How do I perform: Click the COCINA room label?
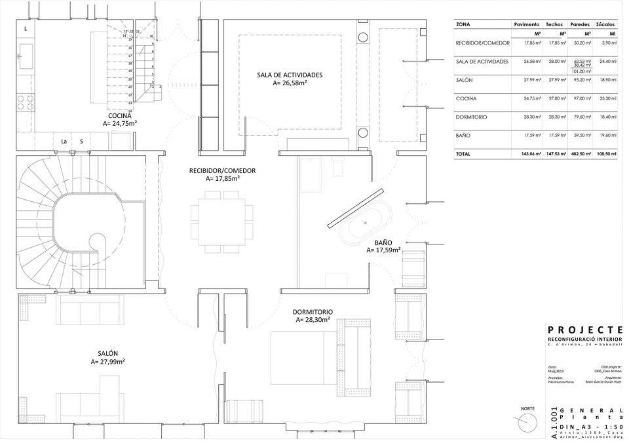[119, 115]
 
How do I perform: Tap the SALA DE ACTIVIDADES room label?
[290, 75]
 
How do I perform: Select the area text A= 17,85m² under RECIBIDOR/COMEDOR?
[222, 178]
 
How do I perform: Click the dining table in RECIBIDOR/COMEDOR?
[221, 222]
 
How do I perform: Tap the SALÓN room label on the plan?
[108, 353]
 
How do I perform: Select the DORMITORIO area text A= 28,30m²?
[313, 320]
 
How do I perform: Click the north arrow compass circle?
[526, 423]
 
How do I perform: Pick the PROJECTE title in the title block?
[584, 330]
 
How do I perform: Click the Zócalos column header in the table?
[607, 24]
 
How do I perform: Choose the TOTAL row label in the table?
[463, 154]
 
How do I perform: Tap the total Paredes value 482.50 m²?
[580, 154]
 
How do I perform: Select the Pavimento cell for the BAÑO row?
[531, 135]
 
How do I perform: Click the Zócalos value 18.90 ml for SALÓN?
[609, 80]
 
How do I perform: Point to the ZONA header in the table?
[463, 24]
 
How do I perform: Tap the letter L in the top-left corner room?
[26, 29]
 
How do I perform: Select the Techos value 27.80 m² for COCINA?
[557, 98]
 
